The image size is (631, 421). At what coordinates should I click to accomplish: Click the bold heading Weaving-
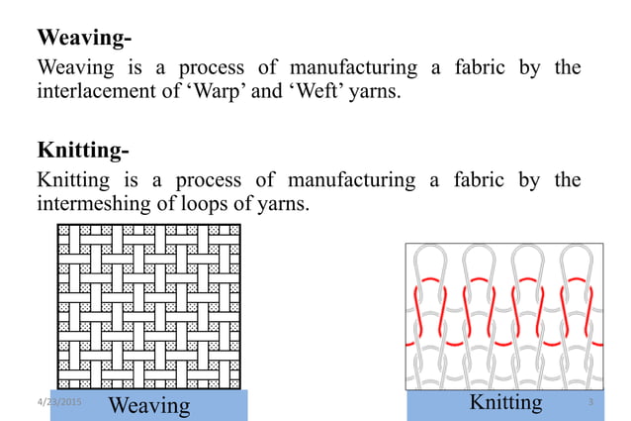84,39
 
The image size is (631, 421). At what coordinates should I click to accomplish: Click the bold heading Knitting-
83,151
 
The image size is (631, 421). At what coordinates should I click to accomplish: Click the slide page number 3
589,402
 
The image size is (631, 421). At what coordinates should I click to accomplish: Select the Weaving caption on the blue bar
148,405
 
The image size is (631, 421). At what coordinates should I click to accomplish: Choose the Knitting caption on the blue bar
505,402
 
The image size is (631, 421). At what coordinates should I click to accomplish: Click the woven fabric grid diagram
148,306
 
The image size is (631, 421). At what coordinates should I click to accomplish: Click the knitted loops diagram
503,317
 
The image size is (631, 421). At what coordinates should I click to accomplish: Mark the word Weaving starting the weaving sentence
74,68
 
